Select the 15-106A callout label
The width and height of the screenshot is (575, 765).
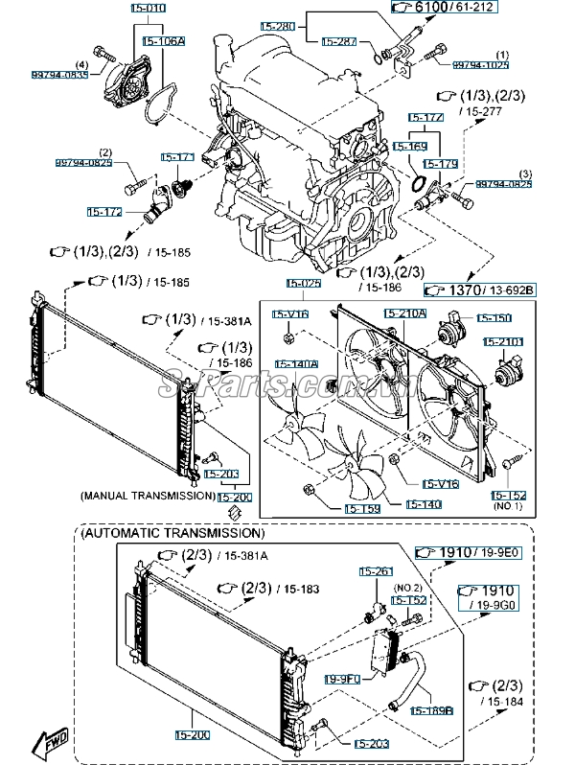163,42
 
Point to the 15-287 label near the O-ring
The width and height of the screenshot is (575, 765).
338,42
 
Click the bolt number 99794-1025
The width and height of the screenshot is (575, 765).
481,64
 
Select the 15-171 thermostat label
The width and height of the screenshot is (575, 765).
177,157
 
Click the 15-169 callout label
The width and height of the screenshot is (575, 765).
409,147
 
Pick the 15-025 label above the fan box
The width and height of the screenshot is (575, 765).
303,284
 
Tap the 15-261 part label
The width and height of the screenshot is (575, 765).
376,571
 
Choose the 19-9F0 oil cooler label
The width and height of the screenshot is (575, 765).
342,679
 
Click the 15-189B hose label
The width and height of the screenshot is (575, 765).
432,710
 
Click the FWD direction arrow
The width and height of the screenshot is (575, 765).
48,740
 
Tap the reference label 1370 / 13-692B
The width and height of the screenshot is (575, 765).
479,289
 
